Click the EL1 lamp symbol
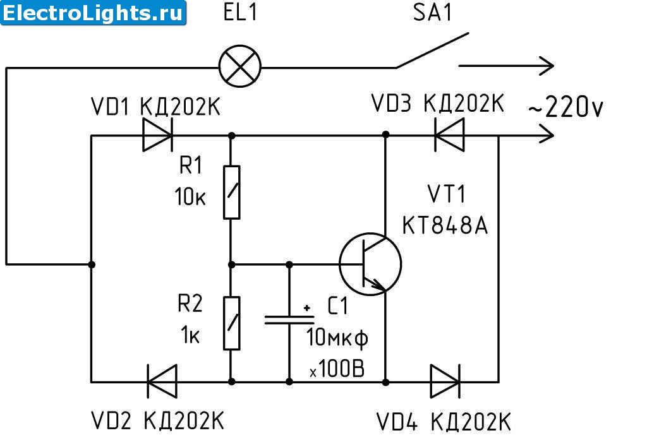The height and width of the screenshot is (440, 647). pos(239,66)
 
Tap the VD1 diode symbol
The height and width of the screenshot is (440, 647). pos(157,135)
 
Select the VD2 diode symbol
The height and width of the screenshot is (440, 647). pos(162,381)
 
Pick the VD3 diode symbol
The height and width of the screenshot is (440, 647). pos(449,134)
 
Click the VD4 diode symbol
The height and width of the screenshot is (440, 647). pos(445,381)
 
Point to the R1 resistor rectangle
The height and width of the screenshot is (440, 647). pos(231,192)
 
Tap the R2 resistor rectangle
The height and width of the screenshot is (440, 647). pos(231,323)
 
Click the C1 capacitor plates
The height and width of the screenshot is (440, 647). pos(289,319)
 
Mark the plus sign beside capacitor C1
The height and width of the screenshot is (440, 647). pos(307,307)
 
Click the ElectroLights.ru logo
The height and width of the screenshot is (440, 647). pos(94,13)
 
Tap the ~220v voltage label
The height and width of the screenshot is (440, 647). pos(565,107)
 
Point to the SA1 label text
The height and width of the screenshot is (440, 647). pos(433,13)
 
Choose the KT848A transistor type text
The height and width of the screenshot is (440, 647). pos(445,225)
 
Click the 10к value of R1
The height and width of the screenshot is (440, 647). pos(190,196)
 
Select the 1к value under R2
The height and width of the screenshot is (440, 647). pos(190,335)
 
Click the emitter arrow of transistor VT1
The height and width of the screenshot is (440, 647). pos(378,284)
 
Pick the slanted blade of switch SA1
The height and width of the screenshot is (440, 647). pos(432,51)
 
